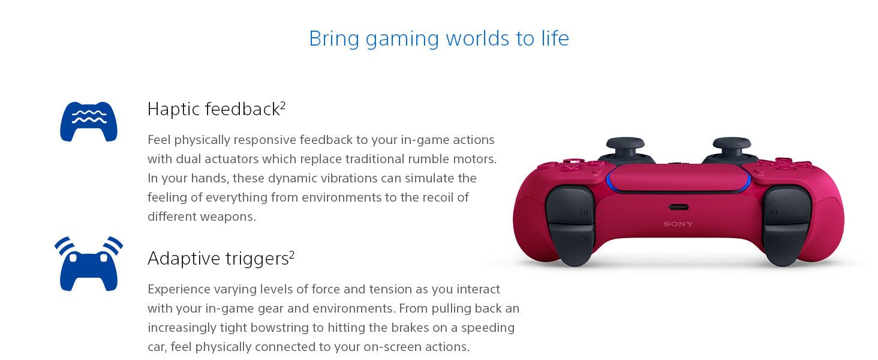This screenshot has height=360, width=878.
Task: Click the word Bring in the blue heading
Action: click(x=334, y=38)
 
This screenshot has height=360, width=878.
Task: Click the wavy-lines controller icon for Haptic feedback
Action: click(x=89, y=122)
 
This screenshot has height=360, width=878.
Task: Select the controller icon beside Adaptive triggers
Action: click(x=89, y=264)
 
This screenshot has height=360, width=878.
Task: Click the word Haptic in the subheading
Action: click(x=173, y=109)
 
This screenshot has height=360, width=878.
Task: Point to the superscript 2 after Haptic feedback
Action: click(x=282, y=105)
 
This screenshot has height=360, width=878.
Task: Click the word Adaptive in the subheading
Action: click(x=184, y=259)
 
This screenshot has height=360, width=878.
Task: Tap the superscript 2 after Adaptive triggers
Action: click(x=291, y=255)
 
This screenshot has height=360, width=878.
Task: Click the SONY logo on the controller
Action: click(x=678, y=224)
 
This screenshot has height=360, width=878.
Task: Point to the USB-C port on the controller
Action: click(x=678, y=207)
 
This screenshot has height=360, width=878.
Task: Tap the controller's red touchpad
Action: click(x=678, y=178)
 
